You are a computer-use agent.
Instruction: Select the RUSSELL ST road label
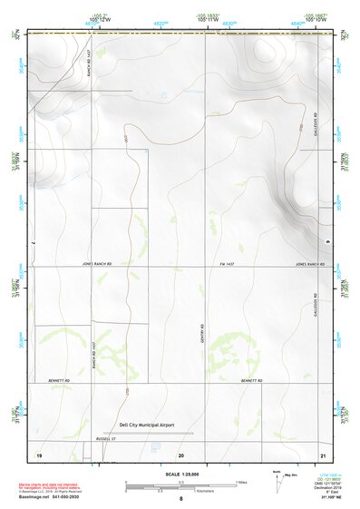[83, 439]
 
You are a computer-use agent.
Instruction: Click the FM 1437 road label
[228, 265]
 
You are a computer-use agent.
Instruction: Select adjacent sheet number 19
[39, 453]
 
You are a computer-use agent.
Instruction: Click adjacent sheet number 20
[181, 453]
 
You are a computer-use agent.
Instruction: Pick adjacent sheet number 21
[322, 453]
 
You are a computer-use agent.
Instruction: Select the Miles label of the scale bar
[240, 482]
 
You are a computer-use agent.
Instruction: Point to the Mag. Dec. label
[290, 475]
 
